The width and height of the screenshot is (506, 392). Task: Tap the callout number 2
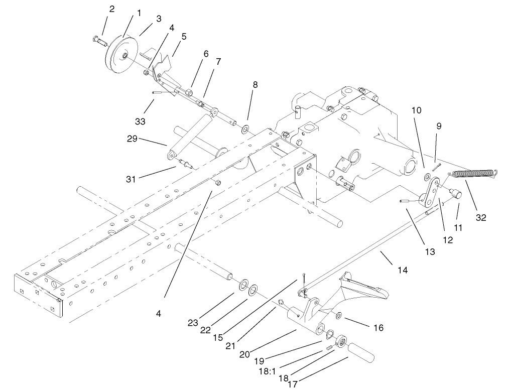click(x=111, y=9)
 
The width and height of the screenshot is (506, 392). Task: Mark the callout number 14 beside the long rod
click(x=403, y=270)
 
